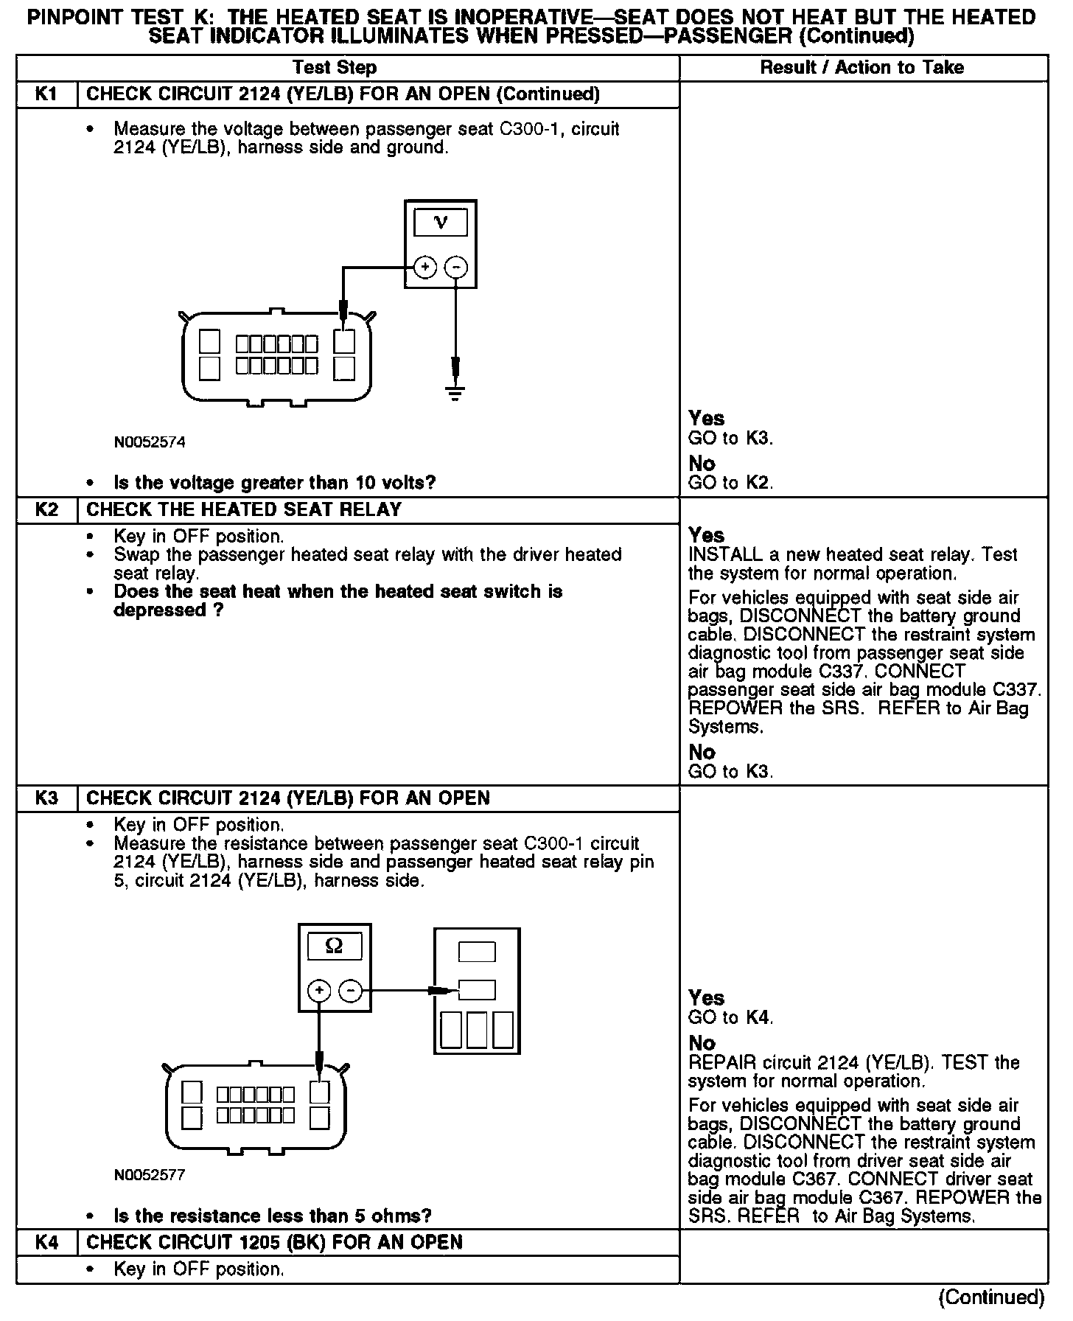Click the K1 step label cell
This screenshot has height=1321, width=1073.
tap(46, 94)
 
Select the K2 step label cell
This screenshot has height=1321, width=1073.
tap(46, 510)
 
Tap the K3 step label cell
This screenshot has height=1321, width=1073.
tap(46, 798)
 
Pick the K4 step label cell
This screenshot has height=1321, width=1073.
tap(46, 1242)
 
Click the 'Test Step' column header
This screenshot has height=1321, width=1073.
tap(335, 68)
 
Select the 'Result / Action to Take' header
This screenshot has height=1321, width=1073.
tap(861, 68)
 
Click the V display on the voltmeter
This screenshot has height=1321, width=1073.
tap(440, 222)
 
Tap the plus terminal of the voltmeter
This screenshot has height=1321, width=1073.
tap(424, 267)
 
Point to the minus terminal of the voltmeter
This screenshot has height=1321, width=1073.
tap(457, 267)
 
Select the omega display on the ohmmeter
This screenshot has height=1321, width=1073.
tap(334, 946)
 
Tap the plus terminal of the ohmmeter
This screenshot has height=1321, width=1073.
tap(318, 991)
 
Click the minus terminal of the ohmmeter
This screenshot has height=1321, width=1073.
tap(350, 991)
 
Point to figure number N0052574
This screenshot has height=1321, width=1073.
tap(150, 442)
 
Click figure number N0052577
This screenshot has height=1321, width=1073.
tap(150, 1175)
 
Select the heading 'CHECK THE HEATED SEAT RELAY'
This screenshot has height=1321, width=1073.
tap(244, 510)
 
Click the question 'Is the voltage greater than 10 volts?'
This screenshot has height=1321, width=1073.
tap(274, 483)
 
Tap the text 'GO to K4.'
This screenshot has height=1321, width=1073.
tap(730, 1018)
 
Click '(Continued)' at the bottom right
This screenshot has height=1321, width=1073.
tap(992, 1297)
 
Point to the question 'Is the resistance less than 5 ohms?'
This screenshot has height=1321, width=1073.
tap(272, 1216)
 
